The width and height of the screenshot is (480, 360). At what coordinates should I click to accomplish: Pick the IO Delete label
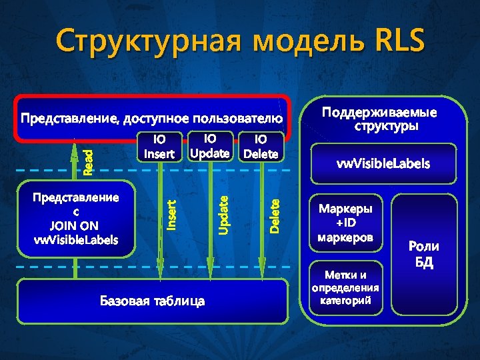261,147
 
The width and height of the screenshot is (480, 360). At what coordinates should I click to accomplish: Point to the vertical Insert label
171,215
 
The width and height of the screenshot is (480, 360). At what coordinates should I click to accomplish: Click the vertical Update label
225,213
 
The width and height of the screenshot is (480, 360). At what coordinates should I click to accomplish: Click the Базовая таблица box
153,301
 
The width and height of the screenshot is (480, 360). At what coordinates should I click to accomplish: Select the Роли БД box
425,254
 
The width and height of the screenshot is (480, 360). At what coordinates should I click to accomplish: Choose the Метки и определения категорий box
345,287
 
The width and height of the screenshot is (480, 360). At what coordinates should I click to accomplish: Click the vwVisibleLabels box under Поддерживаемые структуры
383,163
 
